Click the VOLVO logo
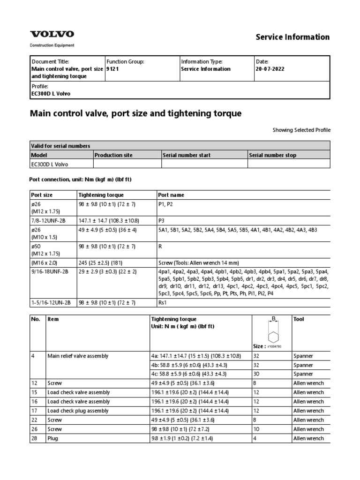click(x=52, y=34)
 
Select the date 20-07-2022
click(x=270, y=69)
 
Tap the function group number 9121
click(x=112, y=69)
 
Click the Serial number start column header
click(x=187, y=155)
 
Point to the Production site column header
click(x=113, y=155)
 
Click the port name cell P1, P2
click(x=167, y=204)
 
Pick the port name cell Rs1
click(x=165, y=303)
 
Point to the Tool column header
click(x=299, y=319)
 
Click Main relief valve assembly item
click(x=78, y=356)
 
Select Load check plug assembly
click(x=78, y=411)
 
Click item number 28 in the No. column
click(x=34, y=438)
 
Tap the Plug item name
click(x=53, y=438)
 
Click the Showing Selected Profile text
click(x=301, y=130)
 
